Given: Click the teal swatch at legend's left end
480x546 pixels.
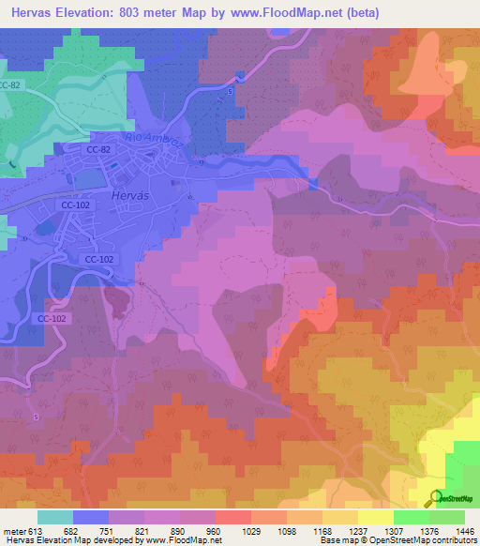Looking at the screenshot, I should [54, 517].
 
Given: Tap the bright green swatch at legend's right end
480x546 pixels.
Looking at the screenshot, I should [446, 517].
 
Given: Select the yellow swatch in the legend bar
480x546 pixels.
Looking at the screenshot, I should [375, 517].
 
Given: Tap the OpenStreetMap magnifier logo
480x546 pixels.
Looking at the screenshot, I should [435, 497].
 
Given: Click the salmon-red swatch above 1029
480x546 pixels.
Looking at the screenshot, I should [232, 517].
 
